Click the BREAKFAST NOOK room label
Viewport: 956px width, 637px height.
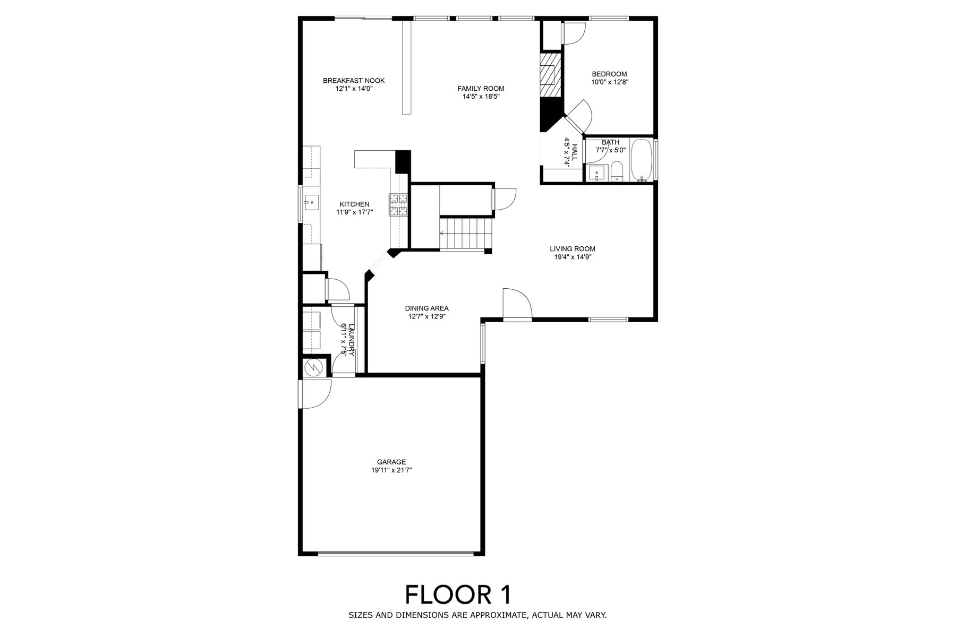click(354, 81)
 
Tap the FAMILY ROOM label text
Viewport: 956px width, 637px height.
click(481, 89)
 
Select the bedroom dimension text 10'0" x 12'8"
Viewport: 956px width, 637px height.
click(610, 82)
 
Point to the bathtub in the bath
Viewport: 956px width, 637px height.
click(642, 160)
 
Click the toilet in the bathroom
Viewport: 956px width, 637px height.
click(617, 172)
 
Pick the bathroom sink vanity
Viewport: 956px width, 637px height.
click(597, 173)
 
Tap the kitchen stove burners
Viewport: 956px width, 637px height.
click(399, 205)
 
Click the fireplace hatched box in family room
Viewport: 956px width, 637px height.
click(551, 74)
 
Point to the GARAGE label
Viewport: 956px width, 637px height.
click(392, 462)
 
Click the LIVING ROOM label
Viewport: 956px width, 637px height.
click(573, 248)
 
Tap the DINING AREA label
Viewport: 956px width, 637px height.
click(427, 308)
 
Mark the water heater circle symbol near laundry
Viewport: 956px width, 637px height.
click(312, 367)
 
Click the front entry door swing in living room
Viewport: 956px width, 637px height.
click(517, 304)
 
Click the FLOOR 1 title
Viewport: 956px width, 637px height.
click(458, 595)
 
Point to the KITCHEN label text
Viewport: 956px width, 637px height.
click(354, 204)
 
